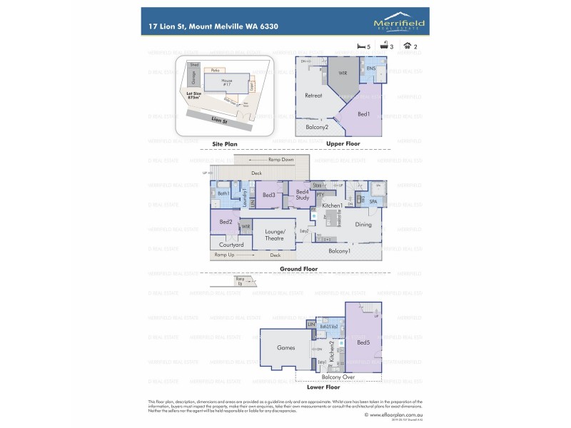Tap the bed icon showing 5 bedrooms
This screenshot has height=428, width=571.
click(x=360, y=46)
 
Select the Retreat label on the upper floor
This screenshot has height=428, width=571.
click(x=313, y=96)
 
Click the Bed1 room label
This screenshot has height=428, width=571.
click(x=363, y=113)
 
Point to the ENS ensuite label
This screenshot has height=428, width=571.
click(x=371, y=69)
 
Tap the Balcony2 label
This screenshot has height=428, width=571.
click(x=317, y=127)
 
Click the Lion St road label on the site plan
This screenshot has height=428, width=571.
click(x=219, y=121)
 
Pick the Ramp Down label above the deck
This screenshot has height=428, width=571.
click(x=281, y=160)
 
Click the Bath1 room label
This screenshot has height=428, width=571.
click(x=223, y=193)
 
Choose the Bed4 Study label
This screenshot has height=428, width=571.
click(x=303, y=194)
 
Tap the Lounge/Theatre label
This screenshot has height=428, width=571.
click(x=275, y=235)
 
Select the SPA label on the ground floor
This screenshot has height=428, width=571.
click(x=373, y=202)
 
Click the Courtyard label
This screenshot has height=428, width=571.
click(x=231, y=245)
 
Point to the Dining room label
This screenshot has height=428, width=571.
click(x=363, y=225)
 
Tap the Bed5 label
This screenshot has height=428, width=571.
click(x=363, y=342)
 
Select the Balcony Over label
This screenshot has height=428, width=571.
click(x=339, y=377)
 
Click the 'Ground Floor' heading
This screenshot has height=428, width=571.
click(x=299, y=269)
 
